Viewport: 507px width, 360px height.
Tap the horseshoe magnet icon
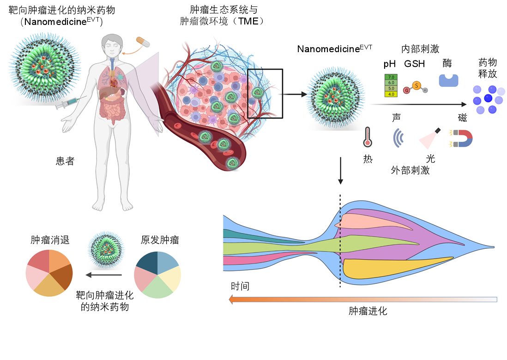pos(460,138)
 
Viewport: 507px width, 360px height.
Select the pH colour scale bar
pos(391,85)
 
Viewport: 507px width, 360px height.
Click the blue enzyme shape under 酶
pos(448,80)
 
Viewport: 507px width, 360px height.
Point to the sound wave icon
pos(398,138)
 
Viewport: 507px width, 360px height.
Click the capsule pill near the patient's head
pos(143,42)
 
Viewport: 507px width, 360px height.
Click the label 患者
pos(65,161)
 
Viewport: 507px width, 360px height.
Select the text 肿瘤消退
pos(50,240)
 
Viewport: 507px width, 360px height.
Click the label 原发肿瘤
pos(159,240)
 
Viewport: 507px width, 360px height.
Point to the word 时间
pos(240,286)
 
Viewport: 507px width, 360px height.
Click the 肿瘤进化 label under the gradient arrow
pos(368,311)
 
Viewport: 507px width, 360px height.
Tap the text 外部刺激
pos(410,170)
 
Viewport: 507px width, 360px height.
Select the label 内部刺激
pos(420,49)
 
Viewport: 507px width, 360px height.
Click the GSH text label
pos(415,64)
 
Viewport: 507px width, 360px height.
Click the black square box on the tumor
pos(265,94)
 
